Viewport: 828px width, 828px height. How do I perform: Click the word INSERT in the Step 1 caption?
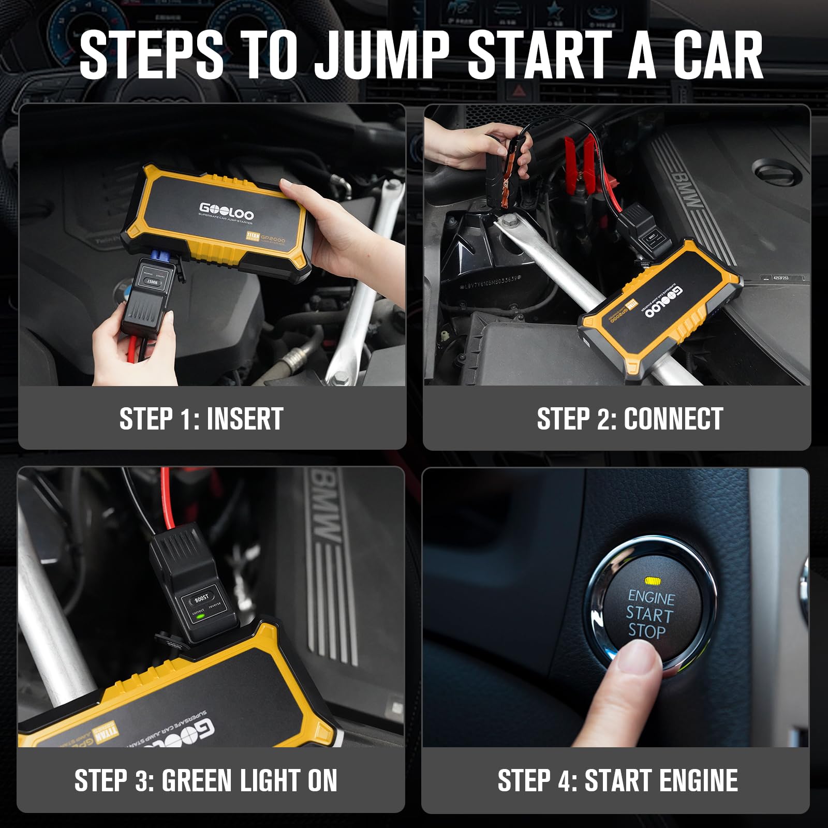point(245,419)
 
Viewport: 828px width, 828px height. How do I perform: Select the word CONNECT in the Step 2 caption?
point(673,419)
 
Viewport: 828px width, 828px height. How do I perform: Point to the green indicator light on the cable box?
point(200,616)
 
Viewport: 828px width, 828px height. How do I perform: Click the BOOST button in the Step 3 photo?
point(201,599)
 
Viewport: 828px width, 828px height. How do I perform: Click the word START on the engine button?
point(649,614)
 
